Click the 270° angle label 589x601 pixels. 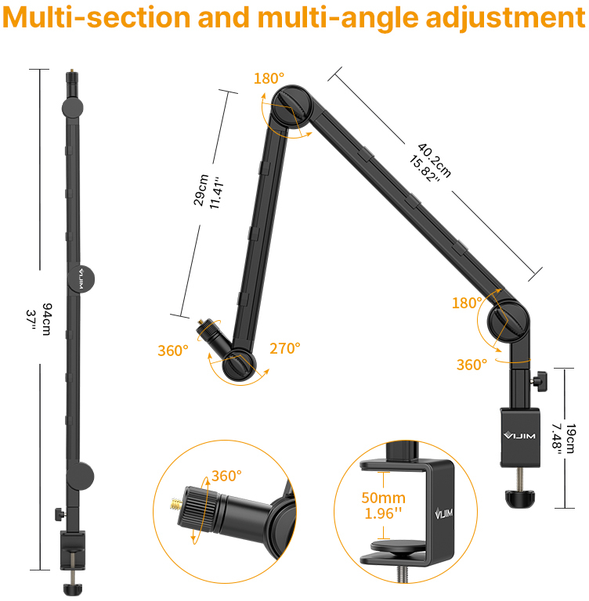(284, 349)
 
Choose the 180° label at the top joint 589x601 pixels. (269, 78)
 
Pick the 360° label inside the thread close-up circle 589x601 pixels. (226, 476)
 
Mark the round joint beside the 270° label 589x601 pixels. (238, 365)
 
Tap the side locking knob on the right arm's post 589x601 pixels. (540, 382)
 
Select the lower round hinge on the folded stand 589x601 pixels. (81, 475)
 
